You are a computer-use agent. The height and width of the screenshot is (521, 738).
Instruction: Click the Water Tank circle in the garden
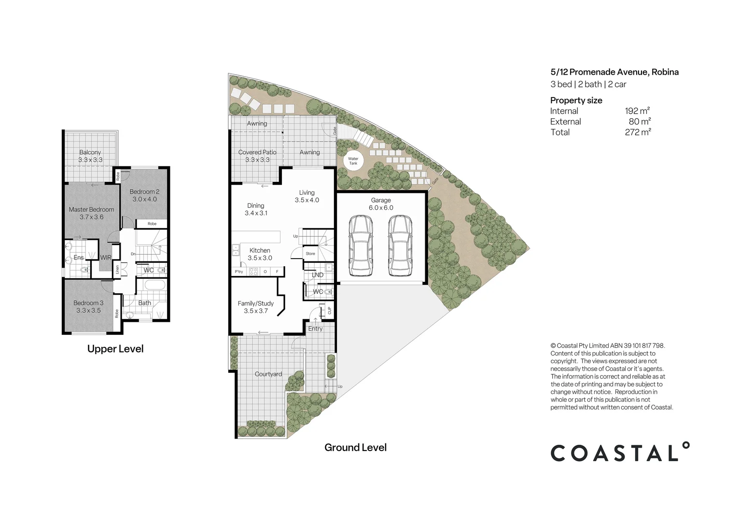[353, 161]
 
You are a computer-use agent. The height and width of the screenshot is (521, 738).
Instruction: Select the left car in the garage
[361, 245]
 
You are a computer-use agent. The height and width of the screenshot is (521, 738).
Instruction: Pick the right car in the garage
[400, 245]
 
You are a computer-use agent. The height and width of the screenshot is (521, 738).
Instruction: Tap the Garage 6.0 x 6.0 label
[381, 204]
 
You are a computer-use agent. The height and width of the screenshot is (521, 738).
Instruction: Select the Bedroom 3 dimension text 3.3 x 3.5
[88, 311]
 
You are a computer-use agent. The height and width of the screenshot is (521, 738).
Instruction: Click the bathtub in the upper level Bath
[154, 285]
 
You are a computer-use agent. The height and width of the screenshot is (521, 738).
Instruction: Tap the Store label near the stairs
[310, 254]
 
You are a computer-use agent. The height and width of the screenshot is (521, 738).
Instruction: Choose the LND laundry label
[318, 275]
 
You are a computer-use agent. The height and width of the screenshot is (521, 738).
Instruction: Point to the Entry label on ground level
[315, 329]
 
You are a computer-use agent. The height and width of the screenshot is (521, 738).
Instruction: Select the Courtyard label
[268, 374]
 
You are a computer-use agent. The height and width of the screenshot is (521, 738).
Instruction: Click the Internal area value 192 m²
[637, 111]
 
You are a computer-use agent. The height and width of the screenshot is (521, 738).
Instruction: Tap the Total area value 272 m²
[638, 132]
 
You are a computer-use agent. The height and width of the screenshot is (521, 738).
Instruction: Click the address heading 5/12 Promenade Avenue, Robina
[614, 72]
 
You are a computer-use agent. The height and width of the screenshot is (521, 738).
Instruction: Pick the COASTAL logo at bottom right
[620, 452]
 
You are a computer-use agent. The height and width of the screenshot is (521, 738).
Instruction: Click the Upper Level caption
[115, 349]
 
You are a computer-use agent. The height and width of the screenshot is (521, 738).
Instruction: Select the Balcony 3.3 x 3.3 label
[90, 156]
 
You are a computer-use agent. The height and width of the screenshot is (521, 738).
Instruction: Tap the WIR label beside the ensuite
[106, 258]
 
